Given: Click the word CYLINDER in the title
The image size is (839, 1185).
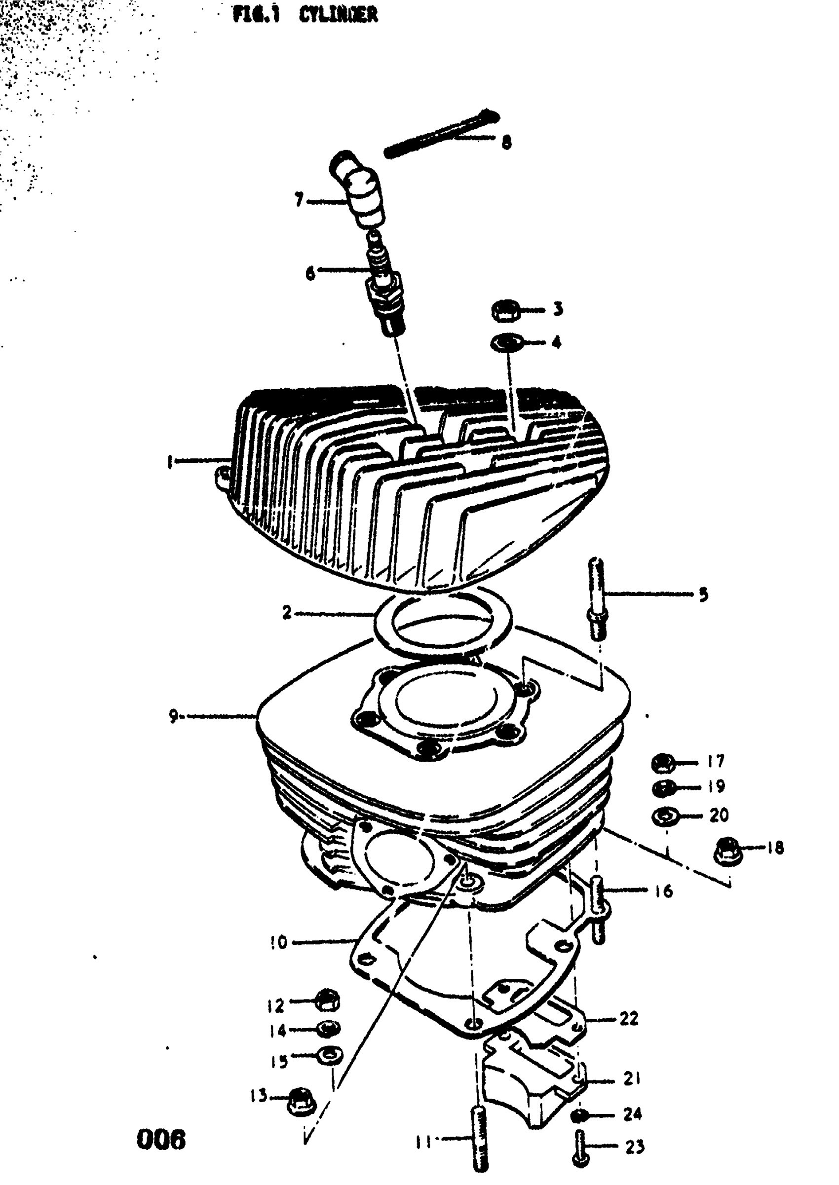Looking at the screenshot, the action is [338, 15].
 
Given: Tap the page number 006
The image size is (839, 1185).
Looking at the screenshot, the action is [161, 1140].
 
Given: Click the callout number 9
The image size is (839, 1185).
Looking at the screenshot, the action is [174, 716].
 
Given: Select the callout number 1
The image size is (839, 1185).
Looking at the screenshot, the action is [169, 461].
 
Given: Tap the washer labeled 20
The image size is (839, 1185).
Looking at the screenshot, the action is [663, 816].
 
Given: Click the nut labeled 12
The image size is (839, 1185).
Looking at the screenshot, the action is [327, 1002].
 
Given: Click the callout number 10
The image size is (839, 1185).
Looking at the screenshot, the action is [278, 942].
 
